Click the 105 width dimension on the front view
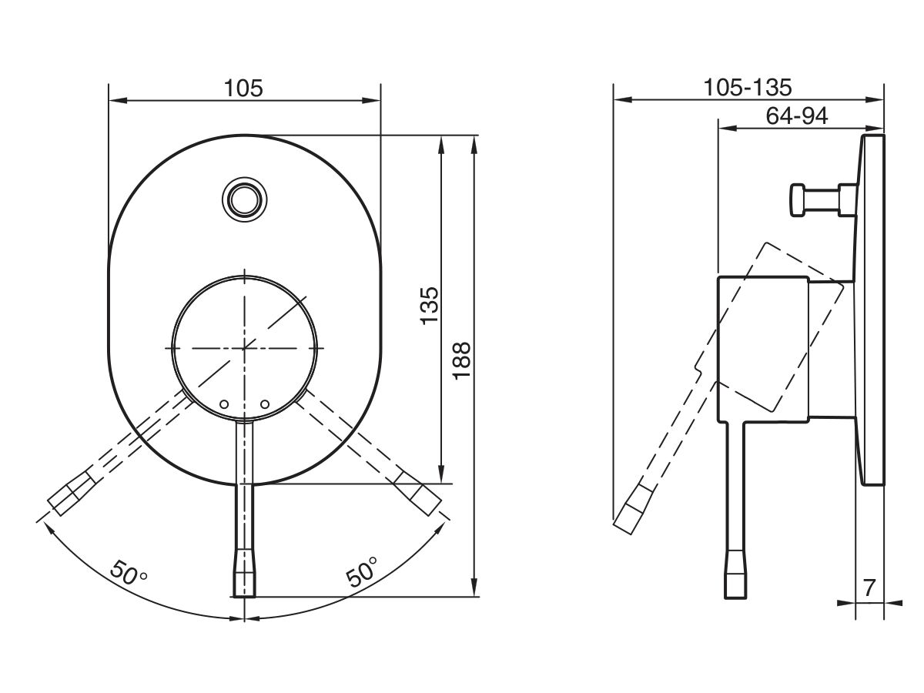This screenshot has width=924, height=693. [x=243, y=89]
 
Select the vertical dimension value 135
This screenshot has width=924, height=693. [x=430, y=305]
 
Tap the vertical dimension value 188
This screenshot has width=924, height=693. [x=462, y=359]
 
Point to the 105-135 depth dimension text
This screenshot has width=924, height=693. [x=748, y=88]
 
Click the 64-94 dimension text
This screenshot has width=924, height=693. [x=796, y=116]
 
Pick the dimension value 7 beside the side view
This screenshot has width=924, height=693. [x=869, y=588]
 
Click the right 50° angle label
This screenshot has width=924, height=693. [x=362, y=572]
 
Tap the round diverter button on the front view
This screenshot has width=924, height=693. [x=244, y=199]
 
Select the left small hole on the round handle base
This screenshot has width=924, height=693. [x=226, y=403]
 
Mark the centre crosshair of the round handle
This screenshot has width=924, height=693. [x=245, y=347]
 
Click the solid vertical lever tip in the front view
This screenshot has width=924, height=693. [x=244, y=574]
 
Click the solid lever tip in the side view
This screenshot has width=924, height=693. [x=735, y=575]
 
